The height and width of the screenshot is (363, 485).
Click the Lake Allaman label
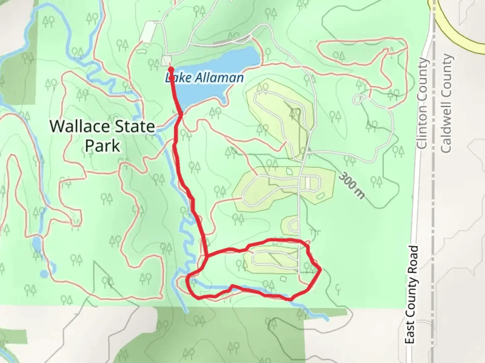pos(204,78)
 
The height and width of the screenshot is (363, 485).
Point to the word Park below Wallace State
pos(102,146)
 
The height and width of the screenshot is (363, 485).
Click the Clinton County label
pos(422,104)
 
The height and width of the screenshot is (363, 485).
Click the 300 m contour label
pos(352,186)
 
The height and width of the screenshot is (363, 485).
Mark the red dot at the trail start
pos(171,70)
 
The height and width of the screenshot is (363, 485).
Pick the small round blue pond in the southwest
pos(44,274)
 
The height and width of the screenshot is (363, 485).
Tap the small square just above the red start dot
pos(166,61)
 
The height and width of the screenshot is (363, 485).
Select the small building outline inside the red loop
pos(283,278)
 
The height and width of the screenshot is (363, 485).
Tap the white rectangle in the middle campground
pos(308,183)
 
